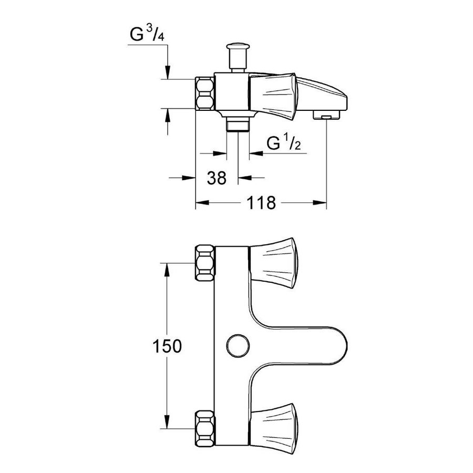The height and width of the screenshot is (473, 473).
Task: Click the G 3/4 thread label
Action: [147, 34]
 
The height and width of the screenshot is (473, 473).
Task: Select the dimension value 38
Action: [217, 178]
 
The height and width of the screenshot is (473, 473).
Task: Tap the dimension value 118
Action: [261, 203]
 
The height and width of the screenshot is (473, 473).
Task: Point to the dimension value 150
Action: [167, 346]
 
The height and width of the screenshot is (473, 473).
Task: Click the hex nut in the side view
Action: [205, 93]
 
